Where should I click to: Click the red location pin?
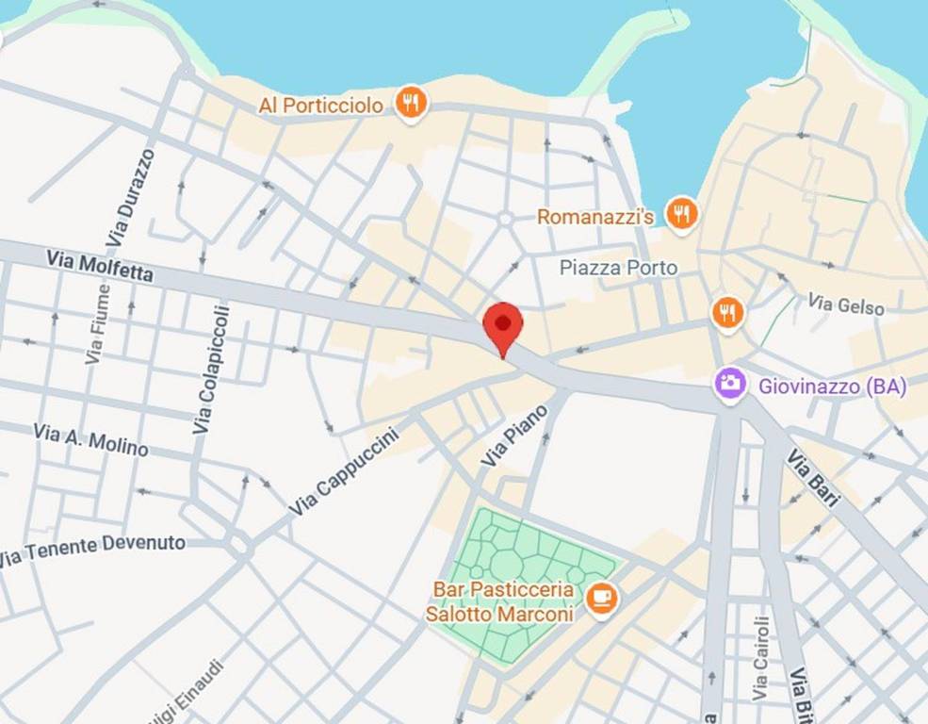tap(503, 325)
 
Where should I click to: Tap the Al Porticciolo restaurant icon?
tap(410, 103)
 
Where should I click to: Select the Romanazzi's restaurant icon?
tap(680, 214)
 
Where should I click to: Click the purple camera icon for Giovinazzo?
tap(729, 385)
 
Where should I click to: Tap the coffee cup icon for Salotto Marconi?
tap(600, 598)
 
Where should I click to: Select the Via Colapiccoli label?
tap(211, 370)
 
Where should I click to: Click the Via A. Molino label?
tap(90, 439)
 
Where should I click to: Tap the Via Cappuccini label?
tap(344, 471)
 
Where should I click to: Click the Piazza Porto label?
tap(618, 268)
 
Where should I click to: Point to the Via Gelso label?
tap(846, 304)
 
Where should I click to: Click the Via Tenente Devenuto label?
tap(92, 549)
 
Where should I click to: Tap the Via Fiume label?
tap(97, 324)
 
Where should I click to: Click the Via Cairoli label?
tap(760, 658)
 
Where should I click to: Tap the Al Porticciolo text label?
tap(321, 106)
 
